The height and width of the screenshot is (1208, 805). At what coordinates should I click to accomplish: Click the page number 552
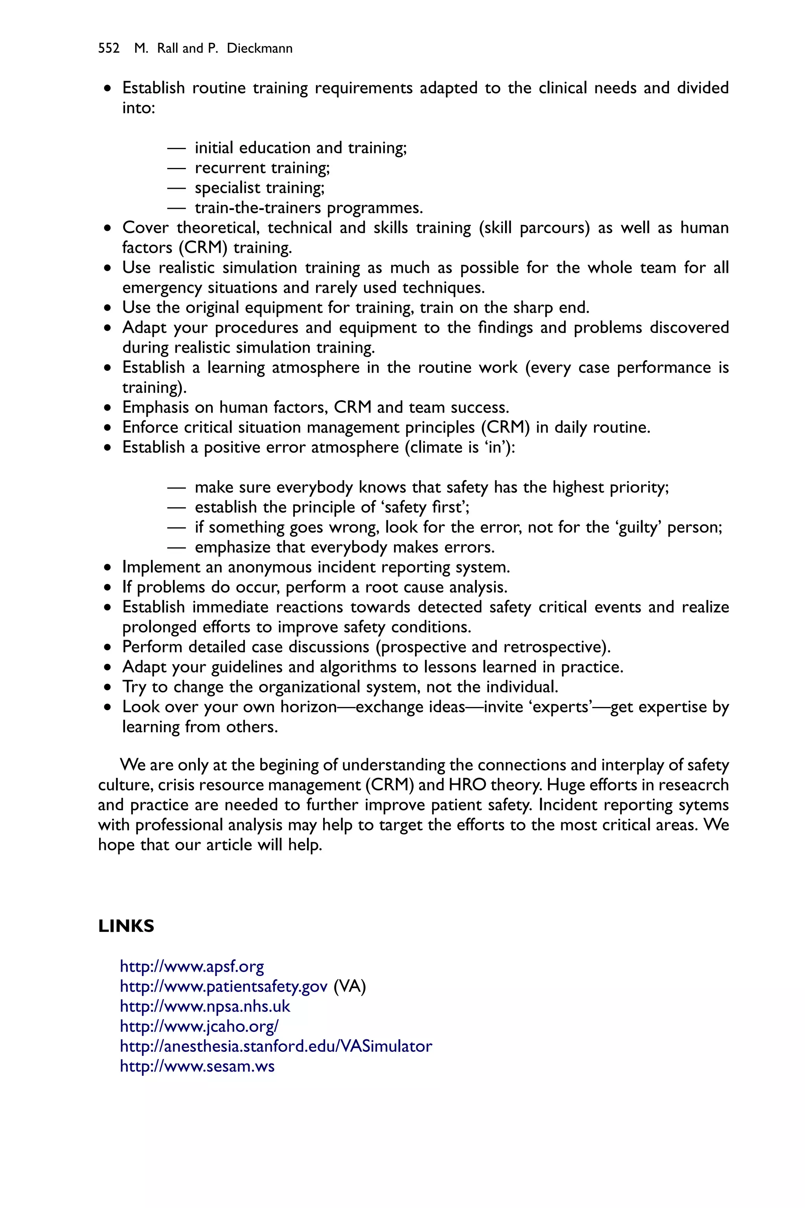(108, 48)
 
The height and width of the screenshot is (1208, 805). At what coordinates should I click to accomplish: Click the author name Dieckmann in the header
(259, 48)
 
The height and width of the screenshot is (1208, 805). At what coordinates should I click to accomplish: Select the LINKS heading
(126, 926)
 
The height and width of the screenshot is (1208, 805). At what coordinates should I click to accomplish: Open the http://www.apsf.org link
(191, 967)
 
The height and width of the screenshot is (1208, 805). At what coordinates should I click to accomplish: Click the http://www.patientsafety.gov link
(223, 987)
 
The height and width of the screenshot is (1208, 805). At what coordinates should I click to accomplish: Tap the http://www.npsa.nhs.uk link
(205, 1007)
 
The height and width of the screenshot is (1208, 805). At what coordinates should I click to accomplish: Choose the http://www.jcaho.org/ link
(199, 1027)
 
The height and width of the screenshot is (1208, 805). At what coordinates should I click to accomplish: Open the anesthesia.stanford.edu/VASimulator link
(276, 1046)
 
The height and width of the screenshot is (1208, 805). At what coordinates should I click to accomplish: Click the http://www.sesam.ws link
(197, 1066)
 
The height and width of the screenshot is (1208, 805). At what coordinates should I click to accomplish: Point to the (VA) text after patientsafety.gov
(349, 987)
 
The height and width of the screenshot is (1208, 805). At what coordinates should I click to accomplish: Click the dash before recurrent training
(176, 168)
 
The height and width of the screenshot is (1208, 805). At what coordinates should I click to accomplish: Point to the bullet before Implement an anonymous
(107, 567)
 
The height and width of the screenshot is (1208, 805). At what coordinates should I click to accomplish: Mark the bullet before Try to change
(107, 687)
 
